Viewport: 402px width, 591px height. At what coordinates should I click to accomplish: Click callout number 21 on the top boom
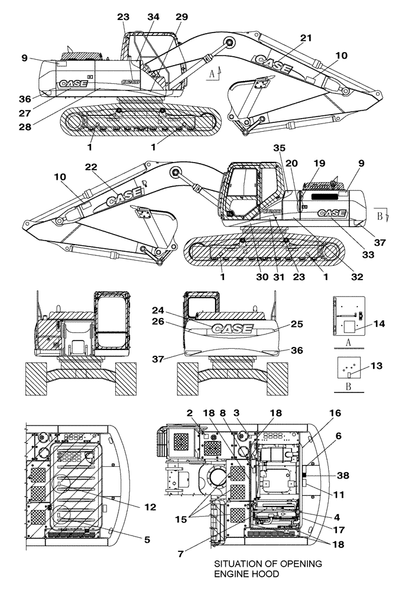[x=306, y=38]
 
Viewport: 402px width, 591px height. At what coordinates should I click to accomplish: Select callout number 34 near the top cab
[x=154, y=17]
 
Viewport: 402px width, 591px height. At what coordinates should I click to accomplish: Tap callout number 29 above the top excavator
[x=181, y=17]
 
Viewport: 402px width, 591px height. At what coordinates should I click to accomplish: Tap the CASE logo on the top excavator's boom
[x=274, y=64]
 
